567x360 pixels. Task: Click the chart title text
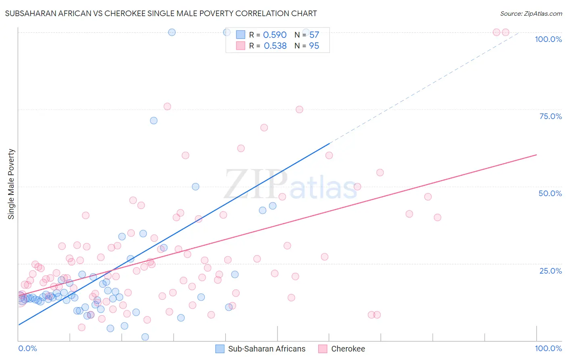click(161, 13)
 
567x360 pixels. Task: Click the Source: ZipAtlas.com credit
click(531, 13)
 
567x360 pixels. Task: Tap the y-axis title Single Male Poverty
click(11, 184)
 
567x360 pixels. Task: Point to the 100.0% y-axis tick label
click(548, 39)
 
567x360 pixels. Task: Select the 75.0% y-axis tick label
click(550, 116)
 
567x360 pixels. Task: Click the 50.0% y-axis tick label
click(550, 193)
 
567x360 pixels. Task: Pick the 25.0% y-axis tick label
click(550, 270)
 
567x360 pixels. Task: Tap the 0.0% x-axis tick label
click(27, 348)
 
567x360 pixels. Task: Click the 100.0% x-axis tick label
click(548, 348)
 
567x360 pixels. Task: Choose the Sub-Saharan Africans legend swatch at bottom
click(220, 349)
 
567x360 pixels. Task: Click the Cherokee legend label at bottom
click(348, 349)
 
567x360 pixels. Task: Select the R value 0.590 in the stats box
click(275, 35)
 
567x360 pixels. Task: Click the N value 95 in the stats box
click(314, 46)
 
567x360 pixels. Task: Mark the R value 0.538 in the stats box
click(275, 46)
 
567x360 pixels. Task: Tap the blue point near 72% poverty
click(154, 120)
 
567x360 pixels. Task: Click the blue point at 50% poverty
click(196, 186)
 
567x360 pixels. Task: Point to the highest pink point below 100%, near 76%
click(167, 107)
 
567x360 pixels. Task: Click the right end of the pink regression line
click(536, 155)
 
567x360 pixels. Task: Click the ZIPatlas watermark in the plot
click(290, 185)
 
